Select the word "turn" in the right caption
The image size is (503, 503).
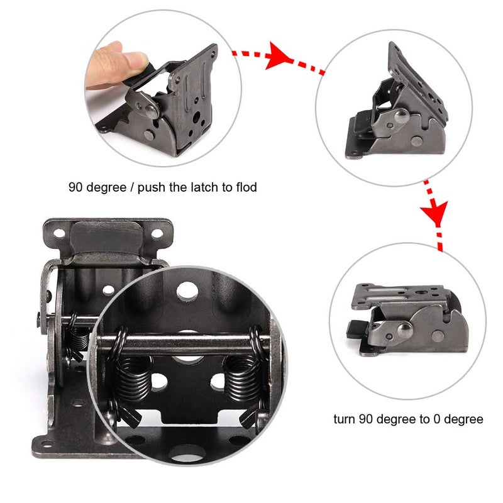(345, 419)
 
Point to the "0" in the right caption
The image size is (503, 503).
(436, 419)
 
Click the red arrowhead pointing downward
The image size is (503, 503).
(434, 213)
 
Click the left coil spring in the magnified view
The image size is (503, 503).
(133, 375)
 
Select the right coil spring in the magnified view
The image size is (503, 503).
(242, 373)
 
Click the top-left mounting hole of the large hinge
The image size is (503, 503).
(59, 233)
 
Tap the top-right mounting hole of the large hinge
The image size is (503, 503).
(157, 233)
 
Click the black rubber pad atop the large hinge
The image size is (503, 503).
(106, 238)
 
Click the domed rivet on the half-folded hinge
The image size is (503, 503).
(402, 116)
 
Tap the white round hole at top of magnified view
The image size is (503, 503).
(187, 291)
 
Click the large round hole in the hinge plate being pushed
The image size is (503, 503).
(196, 116)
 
